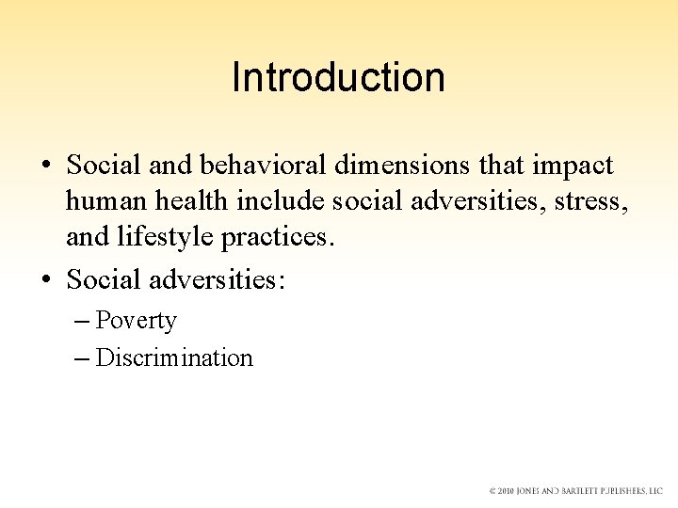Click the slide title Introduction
pyautogui.click(x=338, y=77)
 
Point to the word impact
pyautogui.click(x=573, y=167)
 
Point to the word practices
pyautogui.click(x=278, y=236)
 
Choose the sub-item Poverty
pyautogui.click(x=136, y=321)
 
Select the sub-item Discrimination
pyautogui.click(x=174, y=358)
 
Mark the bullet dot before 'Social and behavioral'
pyautogui.click(x=45, y=167)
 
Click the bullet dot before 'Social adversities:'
pyautogui.click(x=45, y=280)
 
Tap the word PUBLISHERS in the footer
pyautogui.click(x=625, y=491)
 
